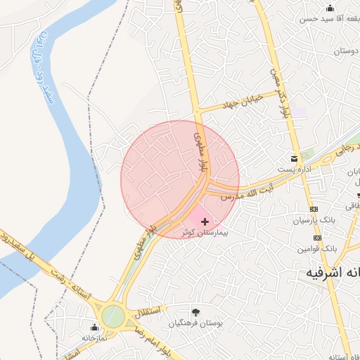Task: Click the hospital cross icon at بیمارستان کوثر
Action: click(x=205, y=221)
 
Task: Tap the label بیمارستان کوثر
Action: click(x=205, y=231)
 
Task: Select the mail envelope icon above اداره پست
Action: click(x=295, y=157)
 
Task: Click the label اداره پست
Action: click(x=294, y=167)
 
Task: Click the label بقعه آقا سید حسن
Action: click(x=329, y=19)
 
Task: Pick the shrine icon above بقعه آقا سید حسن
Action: click(x=330, y=8)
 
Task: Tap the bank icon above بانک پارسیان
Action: click(x=314, y=210)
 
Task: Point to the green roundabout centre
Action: click(x=112, y=316)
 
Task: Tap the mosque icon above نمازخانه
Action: click(x=94, y=327)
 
